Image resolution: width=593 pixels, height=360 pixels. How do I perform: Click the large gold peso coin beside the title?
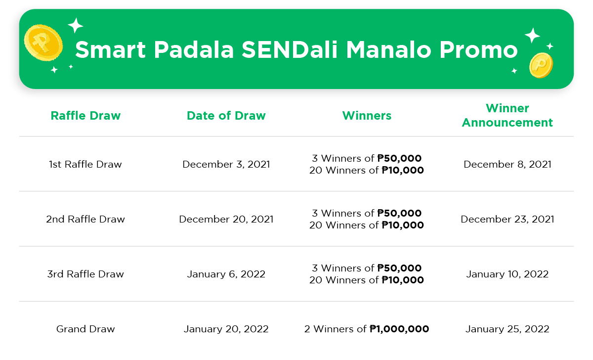[x=43, y=43]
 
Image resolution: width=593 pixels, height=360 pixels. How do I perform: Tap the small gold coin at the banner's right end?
[x=541, y=65]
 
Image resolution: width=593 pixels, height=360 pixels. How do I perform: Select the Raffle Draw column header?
[x=85, y=116]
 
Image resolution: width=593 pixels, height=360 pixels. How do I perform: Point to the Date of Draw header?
[x=226, y=116]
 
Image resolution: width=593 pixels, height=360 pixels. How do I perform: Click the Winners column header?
[x=367, y=116]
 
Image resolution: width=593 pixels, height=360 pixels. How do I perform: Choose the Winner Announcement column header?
[x=507, y=115]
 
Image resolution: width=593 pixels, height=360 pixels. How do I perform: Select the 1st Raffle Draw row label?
[x=85, y=164]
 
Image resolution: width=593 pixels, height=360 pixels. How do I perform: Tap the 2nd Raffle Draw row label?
[x=85, y=219]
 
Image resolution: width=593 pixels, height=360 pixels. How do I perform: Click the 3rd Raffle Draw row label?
[x=85, y=274]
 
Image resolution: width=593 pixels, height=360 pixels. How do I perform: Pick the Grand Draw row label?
[x=85, y=329]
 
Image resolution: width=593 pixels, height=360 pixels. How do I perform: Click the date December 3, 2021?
[x=226, y=164]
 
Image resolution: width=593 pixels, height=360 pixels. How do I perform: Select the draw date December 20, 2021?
[x=226, y=219]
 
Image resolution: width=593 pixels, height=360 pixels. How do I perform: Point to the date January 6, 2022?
[x=226, y=274]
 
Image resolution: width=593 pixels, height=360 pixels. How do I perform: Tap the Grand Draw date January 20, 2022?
[x=226, y=329]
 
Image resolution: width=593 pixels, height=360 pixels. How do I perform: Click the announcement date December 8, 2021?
[x=507, y=164]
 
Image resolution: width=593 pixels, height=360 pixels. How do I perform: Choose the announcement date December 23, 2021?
[x=507, y=219]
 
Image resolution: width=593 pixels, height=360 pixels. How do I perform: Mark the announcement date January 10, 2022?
[x=507, y=274]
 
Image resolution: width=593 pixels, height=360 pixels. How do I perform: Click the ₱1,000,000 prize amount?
[x=399, y=329]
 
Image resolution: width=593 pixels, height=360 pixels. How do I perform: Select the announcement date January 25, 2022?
[x=507, y=329]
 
